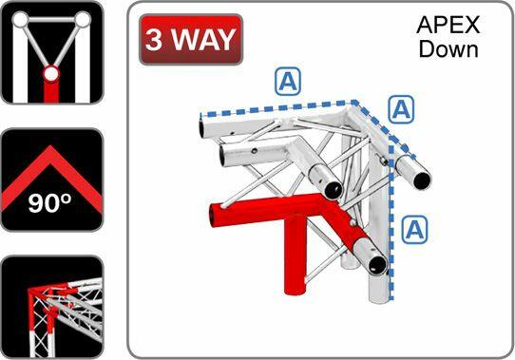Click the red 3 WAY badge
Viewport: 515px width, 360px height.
191,40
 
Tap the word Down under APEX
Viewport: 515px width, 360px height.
448,48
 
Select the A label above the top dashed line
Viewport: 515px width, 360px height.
288,81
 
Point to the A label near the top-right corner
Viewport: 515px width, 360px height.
403,109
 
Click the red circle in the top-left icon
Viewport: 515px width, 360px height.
51,73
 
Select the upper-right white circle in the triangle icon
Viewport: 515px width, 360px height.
84,19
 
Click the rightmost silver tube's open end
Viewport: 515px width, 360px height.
417,176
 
